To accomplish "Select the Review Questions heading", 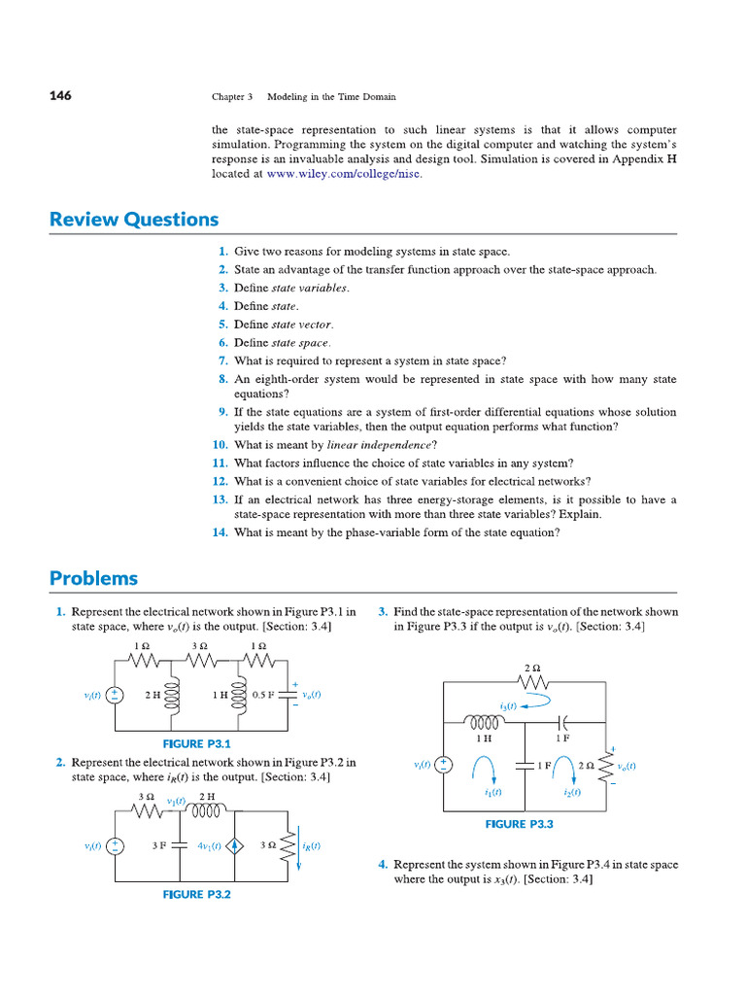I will pyautogui.click(x=134, y=220).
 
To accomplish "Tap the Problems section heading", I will pyautogui.click(x=93, y=579).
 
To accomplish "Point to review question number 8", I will pyautogui.click(x=222, y=379).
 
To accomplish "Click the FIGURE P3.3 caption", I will pyautogui.click(x=520, y=824).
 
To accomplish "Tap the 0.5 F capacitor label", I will pyautogui.click(x=264, y=696).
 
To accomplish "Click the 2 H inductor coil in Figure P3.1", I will pyautogui.click(x=176, y=695).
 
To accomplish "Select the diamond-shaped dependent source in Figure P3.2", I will pyautogui.click(x=235, y=846).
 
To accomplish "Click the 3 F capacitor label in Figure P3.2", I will pyautogui.click(x=160, y=846).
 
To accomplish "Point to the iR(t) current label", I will pyautogui.click(x=310, y=846).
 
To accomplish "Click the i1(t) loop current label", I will pyautogui.click(x=492, y=792).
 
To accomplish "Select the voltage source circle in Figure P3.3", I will pyautogui.click(x=443, y=765).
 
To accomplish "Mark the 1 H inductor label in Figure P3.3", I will pyautogui.click(x=483, y=738).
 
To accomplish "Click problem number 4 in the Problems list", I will pyautogui.click(x=383, y=865).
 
